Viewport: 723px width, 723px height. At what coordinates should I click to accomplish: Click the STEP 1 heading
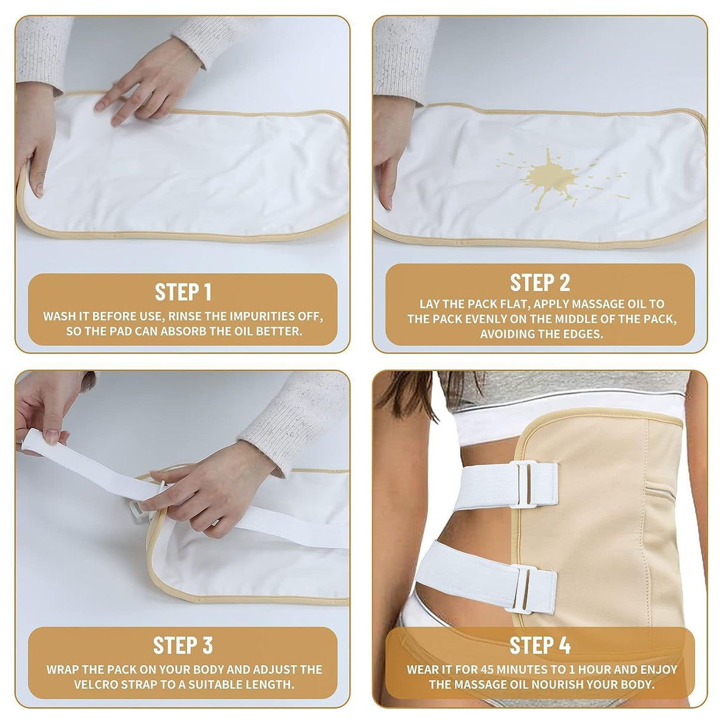pyautogui.click(x=183, y=292)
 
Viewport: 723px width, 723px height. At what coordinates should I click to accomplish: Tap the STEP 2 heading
pyautogui.click(x=540, y=282)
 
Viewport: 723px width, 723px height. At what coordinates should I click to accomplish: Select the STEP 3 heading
pyautogui.click(x=183, y=646)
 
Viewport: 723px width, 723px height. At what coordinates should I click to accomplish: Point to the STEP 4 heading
pyautogui.click(x=540, y=646)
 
